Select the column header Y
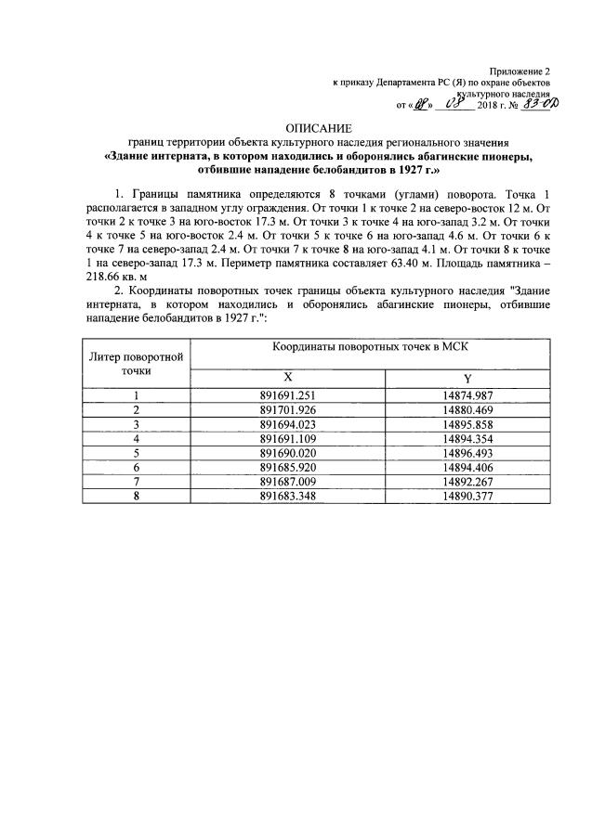[x=467, y=377]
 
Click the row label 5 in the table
[x=137, y=453]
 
